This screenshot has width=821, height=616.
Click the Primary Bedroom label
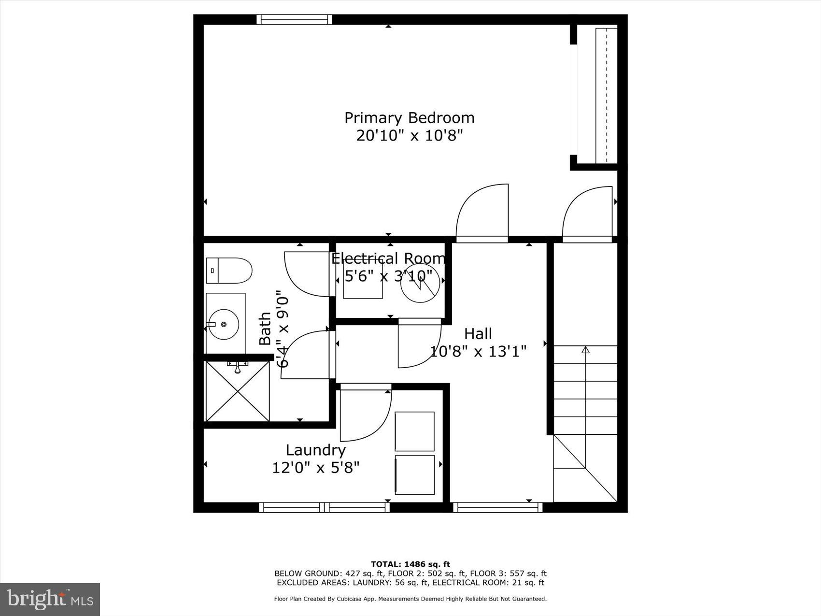point(409,118)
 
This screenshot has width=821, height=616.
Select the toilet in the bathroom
point(229,271)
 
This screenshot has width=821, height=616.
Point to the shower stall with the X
point(237,391)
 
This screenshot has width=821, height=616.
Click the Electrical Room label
point(388,258)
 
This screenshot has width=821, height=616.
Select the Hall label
point(478,334)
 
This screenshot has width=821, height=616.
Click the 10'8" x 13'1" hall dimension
point(478,351)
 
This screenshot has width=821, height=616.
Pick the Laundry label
point(316,450)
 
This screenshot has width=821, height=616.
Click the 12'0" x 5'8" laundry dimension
point(316,468)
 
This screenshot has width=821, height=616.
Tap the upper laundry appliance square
point(414,431)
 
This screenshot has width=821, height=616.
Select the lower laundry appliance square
point(414,475)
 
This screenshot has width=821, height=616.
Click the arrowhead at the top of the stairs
point(585,349)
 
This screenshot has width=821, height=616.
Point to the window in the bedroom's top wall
point(294,19)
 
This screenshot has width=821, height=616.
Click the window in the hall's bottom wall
point(497,507)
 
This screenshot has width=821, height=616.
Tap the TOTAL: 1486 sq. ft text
point(410,564)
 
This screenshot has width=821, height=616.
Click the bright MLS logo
point(50,600)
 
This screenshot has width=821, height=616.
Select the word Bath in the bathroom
point(265,329)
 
